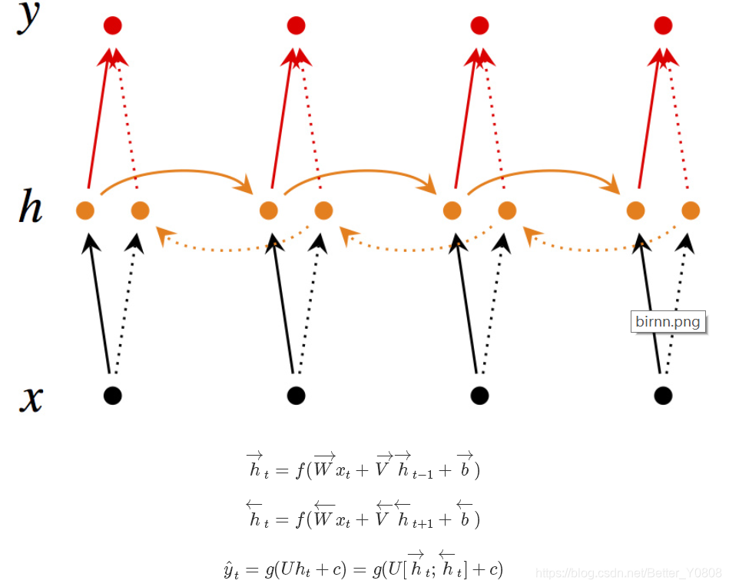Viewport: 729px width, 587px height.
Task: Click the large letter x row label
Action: point(30,399)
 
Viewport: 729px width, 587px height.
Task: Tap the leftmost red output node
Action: point(114,25)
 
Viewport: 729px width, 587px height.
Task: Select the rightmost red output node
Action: point(663,25)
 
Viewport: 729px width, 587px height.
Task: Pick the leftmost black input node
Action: point(113,396)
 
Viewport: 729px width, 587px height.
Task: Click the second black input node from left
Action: point(296,396)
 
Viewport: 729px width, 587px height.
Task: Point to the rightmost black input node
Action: point(663,396)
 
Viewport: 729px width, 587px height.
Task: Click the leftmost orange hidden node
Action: point(85,209)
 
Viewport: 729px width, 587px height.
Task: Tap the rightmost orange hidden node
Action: point(690,209)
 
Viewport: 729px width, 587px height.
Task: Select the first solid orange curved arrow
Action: point(177,171)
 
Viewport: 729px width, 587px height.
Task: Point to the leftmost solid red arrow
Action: point(101,123)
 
